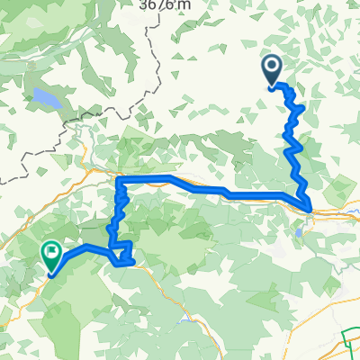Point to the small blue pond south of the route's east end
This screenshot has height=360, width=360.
298,234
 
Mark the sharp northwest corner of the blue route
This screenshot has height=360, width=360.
118,180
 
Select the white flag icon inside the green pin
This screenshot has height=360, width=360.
53,252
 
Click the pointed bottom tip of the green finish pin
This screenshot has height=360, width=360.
50,272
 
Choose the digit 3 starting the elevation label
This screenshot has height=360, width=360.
144,4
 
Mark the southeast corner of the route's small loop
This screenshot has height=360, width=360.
133,263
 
